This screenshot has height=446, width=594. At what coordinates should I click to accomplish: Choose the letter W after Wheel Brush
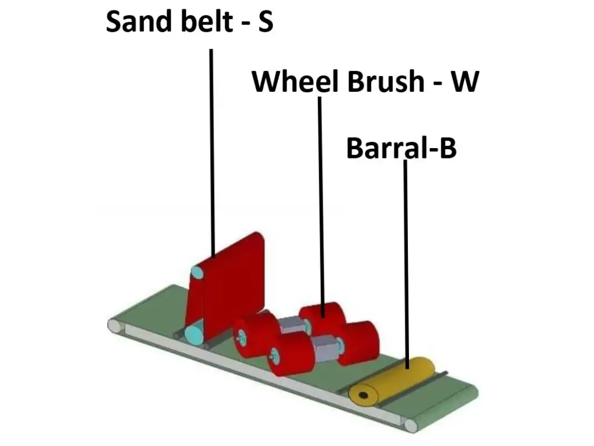pyautogui.click(x=465, y=81)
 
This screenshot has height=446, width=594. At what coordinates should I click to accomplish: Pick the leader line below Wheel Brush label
pyautogui.click(x=320, y=203)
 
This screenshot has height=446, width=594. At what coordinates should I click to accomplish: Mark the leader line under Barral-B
pyautogui.click(x=405, y=261)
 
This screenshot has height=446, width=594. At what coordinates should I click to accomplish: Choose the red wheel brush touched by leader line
pyautogui.click(x=322, y=316)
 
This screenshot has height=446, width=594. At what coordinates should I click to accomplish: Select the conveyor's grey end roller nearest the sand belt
pyautogui.click(x=115, y=325)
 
